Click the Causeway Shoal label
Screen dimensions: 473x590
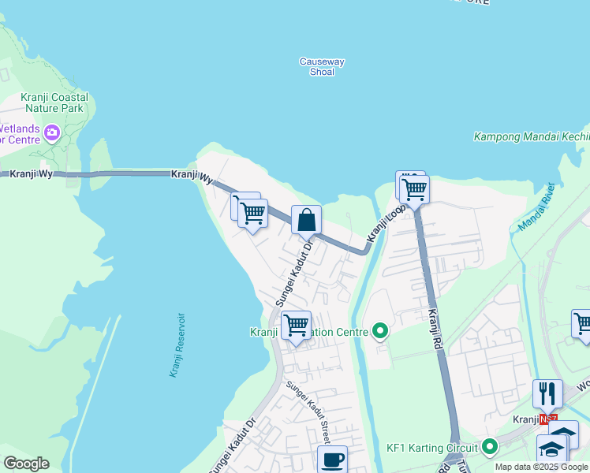click(x=322, y=67)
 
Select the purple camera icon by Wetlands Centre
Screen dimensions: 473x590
click(x=53, y=132)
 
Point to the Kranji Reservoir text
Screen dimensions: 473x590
click(x=177, y=345)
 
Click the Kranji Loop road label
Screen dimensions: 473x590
click(x=386, y=224)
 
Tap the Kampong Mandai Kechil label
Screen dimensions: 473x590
click(x=531, y=136)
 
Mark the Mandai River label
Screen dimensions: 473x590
click(x=538, y=207)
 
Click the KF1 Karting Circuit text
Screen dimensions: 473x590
click(x=432, y=447)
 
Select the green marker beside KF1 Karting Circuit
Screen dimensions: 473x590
click(x=489, y=447)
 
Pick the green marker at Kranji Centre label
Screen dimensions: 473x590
click(x=380, y=332)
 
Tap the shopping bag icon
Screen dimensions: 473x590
click(x=306, y=220)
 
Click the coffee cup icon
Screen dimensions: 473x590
click(x=332, y=459)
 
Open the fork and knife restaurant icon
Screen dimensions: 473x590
click(x=547, y=393)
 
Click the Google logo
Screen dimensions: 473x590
click(x=26, y=464)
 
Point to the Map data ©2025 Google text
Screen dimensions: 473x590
click(x=541, y=467)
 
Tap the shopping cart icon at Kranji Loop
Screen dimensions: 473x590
click(x=414, y=188)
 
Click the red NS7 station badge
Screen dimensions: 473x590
click(x=548, y=419)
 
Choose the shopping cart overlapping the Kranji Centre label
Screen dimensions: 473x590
click(x=296, y=325)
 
